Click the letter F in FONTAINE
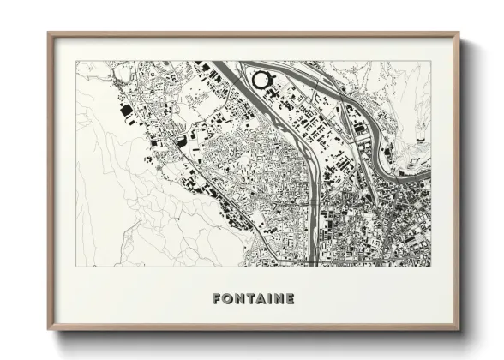pos(217,299)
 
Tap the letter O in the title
pos(227,299)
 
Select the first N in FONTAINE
pos(239,299)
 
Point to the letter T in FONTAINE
pos(249,299)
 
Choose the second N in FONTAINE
pos(278,299)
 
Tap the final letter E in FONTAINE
pos(290,299)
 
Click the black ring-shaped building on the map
pos(261,81)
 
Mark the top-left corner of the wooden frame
pos(48,33)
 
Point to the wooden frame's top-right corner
pos(459,33)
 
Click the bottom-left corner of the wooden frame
pos(48,331)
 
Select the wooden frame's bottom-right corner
pos(459,331)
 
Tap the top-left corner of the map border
pos(76,61)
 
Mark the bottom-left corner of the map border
pos(76,267)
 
